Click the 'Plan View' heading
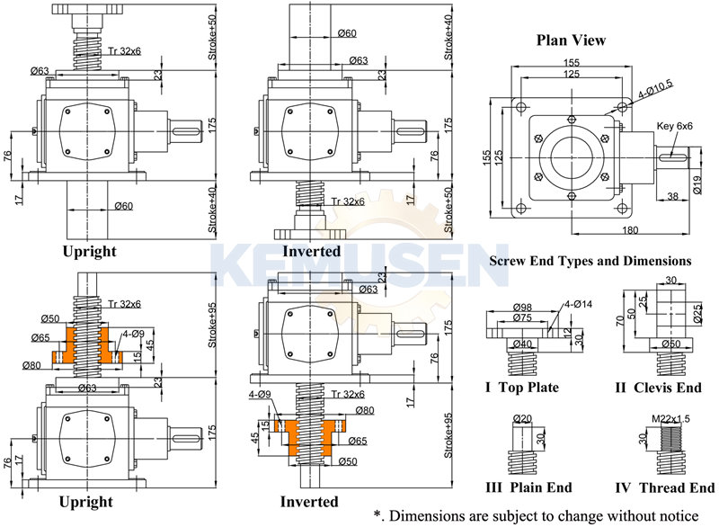571,40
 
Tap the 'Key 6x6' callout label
675,127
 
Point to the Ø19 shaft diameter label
697,186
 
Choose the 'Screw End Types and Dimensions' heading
590,261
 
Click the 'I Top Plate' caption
522,388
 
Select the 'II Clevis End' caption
660,388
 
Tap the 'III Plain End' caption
528,488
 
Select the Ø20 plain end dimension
523,418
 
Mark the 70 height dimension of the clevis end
621,319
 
